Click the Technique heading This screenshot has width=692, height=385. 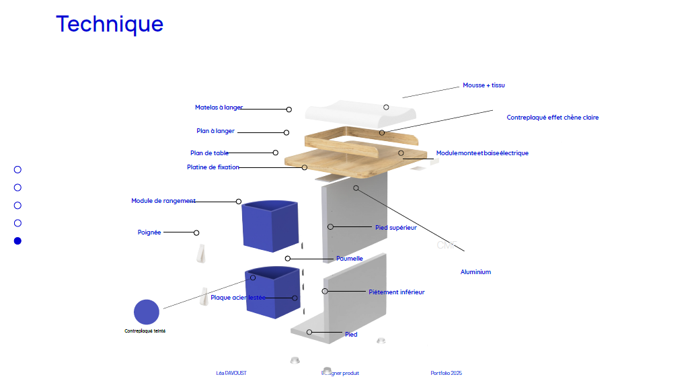(110, 24)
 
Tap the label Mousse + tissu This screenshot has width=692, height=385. (483, 86)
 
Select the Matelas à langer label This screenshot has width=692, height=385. (219, 108)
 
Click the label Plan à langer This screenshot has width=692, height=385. (215, 131)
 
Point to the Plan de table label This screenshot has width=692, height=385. (209, 153)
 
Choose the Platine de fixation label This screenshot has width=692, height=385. (213, 167)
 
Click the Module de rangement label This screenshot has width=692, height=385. (163, 201)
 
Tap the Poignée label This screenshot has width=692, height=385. (149, 232)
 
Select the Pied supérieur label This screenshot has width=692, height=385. (395, 228)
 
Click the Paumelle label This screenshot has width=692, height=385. (350, 259)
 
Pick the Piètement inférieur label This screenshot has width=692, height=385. (396, 292)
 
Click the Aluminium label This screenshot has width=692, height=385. (475, 272)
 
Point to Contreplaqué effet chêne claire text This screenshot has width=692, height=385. (552, 118)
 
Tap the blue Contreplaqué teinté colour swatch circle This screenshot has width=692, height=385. (147, 312)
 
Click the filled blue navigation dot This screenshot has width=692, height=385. (18, 241)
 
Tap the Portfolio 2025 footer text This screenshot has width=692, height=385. (446, 374)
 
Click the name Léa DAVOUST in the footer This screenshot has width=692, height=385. (231, 374)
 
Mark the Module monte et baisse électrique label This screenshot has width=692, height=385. (482, 153)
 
